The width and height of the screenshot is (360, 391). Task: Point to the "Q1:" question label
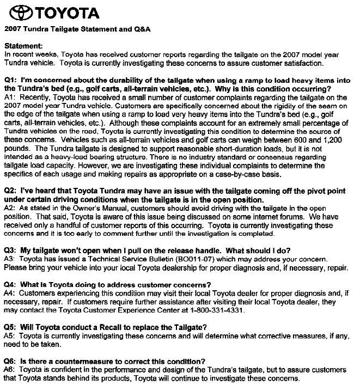11,80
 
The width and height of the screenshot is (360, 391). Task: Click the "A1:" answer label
11,97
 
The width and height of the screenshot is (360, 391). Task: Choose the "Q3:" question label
11,251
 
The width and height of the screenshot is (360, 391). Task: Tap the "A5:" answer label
11,337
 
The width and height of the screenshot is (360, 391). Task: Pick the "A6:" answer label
11,370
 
